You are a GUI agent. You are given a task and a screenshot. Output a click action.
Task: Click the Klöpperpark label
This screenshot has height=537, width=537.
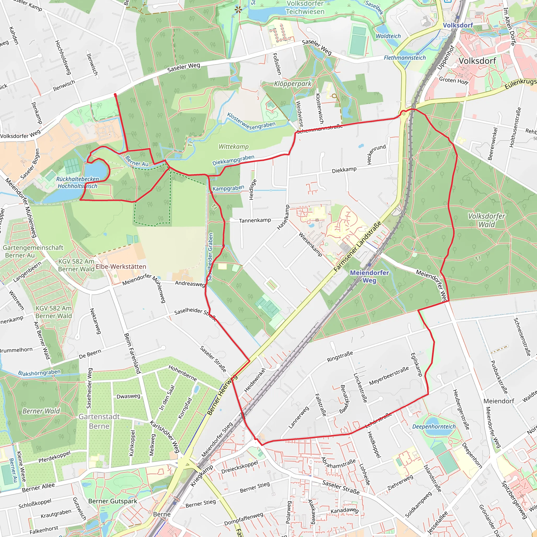pos(293,84)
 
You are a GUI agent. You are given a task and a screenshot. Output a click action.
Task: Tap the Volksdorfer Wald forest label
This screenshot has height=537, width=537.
pos(486,220)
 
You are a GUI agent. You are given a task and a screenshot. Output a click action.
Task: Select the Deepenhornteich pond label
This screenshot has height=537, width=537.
pos(434,427)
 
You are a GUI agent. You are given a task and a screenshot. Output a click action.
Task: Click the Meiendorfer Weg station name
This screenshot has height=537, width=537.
pos(369,276)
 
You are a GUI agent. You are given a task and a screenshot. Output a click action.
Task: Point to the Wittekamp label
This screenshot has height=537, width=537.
pos(233,147)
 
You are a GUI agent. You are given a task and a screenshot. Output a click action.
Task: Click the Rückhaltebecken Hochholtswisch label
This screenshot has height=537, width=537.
pos(78,182)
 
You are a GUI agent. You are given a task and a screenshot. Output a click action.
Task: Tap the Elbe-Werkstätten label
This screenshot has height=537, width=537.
pos(121,267)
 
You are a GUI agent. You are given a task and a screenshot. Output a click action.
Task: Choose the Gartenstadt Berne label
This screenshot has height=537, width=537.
pos(99,421)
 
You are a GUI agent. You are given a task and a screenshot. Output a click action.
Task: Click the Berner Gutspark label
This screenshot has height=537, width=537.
pos(112,501)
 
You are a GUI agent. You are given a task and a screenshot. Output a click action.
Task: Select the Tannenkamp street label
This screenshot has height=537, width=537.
pos(255,221)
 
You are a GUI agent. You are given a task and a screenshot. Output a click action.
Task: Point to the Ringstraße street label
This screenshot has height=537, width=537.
pos(340,357)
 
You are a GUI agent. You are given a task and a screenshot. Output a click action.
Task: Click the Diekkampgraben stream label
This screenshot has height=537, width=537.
pos(233,160)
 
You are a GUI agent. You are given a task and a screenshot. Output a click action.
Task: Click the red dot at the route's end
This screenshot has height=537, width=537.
pos(115,95)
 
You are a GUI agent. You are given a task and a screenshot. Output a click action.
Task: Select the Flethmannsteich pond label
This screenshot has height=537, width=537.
pos(405,58)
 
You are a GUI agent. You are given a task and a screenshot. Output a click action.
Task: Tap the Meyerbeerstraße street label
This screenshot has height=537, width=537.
pos(389,375)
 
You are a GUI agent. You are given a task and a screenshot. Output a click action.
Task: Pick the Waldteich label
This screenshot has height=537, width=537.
pos(388,36)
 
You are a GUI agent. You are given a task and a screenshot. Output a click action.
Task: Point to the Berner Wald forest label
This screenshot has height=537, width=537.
pos(41,411)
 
